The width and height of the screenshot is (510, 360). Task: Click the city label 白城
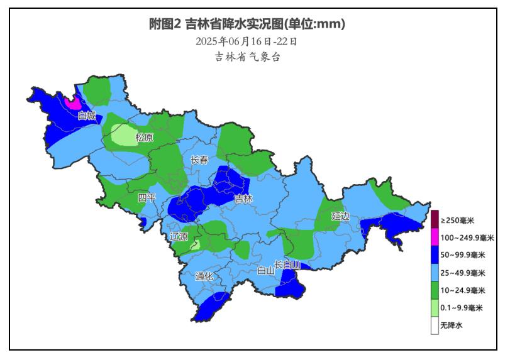[87, 116]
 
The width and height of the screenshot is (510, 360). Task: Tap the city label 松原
[145, 138]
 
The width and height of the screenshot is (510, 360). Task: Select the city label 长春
[199, 160]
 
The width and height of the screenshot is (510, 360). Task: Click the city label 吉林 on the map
[243, 199]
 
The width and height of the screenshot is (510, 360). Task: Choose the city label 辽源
[179, 237]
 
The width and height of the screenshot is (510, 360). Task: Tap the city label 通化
[204, 276]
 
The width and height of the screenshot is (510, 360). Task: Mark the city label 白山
[265, 271]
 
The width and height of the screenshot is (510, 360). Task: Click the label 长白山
[287, 265]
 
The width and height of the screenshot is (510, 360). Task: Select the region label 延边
[340, 216]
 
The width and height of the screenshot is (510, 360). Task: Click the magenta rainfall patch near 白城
[73, 102]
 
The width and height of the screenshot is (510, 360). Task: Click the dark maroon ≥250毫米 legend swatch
[434, 220]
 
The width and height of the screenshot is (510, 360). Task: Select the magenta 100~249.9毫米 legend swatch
[434, 237]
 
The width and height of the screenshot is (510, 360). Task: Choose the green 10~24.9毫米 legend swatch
[434, 290]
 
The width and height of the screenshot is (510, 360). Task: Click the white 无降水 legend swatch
[434, 325]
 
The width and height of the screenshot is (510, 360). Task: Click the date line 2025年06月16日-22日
[247, 41]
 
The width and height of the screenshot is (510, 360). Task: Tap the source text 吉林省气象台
[247, 57]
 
